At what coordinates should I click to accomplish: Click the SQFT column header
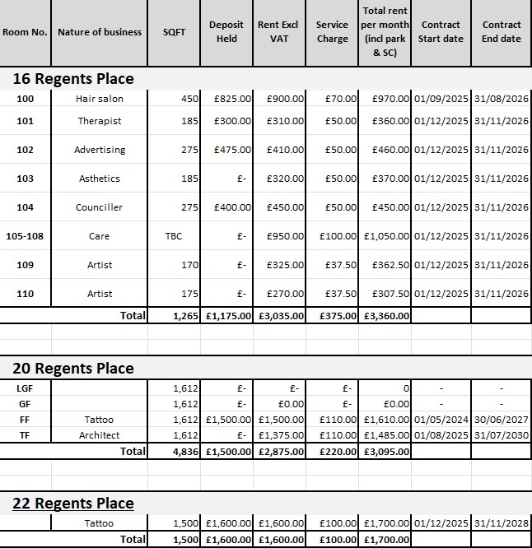174,32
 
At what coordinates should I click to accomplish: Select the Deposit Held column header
226,32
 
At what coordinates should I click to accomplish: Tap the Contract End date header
501,32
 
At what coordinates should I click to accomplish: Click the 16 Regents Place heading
73,79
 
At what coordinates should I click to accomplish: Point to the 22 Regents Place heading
73,504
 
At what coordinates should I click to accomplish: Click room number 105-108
25,236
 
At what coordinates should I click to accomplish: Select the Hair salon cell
100,99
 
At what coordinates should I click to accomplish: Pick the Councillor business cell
100,207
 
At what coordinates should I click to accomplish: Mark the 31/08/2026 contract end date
501,99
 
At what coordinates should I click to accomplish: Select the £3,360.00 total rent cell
385,315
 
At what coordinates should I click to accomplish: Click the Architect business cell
100,435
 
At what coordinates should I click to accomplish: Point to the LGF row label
25,388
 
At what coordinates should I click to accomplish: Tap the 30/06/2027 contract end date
501,420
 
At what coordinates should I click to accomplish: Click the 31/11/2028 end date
501,523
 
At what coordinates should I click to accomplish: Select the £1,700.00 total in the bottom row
385,539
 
